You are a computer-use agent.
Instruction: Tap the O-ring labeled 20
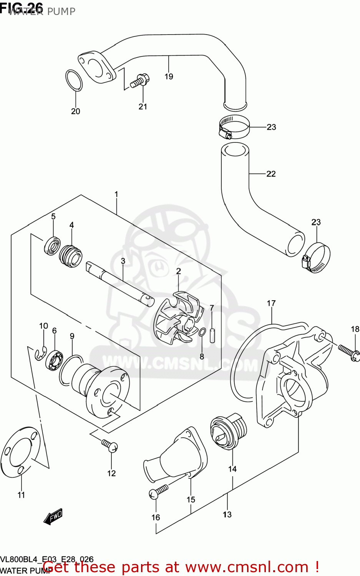pyautogui.click(x=74, y=81)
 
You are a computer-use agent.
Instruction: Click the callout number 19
pyautogui.click(x=169, y=76)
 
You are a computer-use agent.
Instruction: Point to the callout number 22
pyautogui.click(x=271, y=174)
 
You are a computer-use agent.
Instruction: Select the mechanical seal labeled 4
pyautogui.click(x=71, y=256)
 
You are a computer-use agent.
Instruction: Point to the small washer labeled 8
pyautogui.click(x=202, y=332)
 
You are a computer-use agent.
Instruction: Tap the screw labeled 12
pyautogui.click(x=110, y=445)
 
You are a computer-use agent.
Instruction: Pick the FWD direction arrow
pyautogui.click(x=53, y=517)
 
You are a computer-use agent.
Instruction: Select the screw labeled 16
pyautogui.click(x=159, y=492)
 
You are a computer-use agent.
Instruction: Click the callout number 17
pyautogui.click(x=271, y=303)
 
